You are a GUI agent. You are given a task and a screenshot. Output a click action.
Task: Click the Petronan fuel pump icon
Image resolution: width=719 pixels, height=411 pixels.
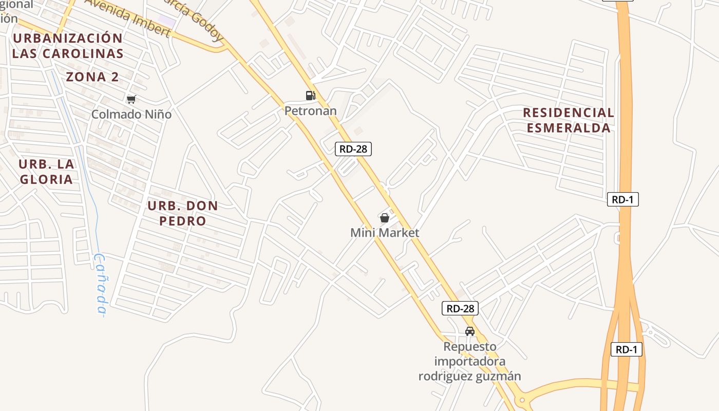pos(310,95)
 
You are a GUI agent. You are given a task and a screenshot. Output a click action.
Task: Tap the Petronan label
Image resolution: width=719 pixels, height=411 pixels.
pos(311,110)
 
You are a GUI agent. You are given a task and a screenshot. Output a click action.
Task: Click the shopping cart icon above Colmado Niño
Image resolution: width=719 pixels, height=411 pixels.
pos(131,99)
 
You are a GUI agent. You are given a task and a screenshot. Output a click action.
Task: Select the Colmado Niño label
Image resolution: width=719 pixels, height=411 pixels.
pos(131,114)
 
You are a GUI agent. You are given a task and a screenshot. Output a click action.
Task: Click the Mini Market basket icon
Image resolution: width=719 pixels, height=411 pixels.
pos(384,218)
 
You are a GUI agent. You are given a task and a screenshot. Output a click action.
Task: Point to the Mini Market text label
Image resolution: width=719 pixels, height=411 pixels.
pos(385,233)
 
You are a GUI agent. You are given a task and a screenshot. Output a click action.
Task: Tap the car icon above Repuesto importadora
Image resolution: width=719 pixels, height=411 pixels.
pos(469,331)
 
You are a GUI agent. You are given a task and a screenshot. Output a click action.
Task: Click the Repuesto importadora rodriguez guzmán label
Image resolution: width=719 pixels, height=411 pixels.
pos(469,361)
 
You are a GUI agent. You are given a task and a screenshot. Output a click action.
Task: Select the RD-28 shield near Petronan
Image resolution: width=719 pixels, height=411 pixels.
pos(353,149)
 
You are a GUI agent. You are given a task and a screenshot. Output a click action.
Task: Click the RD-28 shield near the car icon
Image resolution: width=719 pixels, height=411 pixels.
pos(460,308)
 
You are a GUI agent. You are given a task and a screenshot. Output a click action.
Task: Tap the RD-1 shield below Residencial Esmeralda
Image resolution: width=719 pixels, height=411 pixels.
pos(622,199)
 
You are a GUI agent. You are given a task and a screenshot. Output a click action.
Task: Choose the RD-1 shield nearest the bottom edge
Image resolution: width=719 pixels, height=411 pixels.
pos(627,350)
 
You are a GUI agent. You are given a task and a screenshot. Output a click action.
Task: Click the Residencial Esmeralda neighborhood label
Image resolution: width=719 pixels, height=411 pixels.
pos(569,120)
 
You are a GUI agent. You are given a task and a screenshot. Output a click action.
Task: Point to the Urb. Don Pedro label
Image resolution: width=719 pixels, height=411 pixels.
pos(183,213)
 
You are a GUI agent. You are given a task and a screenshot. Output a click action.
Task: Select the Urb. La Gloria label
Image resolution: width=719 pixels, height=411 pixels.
pos(46,172)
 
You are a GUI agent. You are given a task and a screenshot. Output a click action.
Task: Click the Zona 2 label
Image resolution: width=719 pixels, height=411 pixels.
pos(92,77)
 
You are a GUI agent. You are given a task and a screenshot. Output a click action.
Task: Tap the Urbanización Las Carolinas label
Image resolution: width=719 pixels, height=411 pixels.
pos(68,45)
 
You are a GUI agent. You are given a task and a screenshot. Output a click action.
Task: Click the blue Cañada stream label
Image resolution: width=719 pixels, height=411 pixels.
pos(101,285)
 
